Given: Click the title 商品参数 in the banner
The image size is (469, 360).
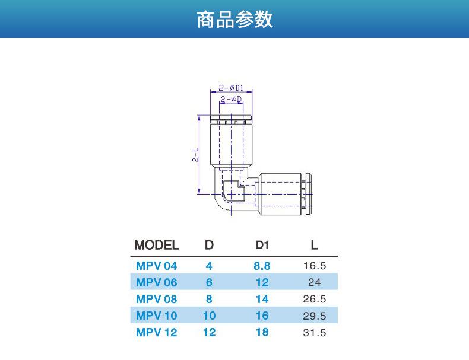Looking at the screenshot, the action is click(x=235, y=19).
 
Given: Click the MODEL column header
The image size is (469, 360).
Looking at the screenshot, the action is click(x=157, y=245).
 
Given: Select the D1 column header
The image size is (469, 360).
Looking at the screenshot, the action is click(x=262, y=245).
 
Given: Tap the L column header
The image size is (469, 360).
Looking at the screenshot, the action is click(x=314, y=245).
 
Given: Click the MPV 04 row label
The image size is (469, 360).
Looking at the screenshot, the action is click(x=157, y=266).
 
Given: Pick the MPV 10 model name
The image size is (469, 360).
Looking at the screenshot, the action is click(x=157, y=316).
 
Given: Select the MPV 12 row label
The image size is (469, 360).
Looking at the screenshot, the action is click(x=157, y=332).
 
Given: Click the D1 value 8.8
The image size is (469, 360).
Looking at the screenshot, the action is click(x=262, y=266).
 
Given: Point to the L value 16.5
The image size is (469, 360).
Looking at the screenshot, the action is click(x=315, y=266).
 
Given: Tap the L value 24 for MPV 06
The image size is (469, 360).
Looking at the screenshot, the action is click(x=315, y=282).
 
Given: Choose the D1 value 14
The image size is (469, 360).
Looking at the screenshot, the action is click(x=262, y=299).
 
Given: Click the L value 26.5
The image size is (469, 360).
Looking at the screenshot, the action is click(x=315, y=299).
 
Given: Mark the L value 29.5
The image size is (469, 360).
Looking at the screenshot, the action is click(x=315, y=316).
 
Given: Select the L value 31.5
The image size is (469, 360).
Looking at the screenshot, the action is click(x=315, y=333).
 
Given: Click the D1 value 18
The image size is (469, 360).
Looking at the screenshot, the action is click(x=262, y=332).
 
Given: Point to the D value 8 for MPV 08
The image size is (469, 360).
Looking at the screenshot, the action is click(x=209, y=299).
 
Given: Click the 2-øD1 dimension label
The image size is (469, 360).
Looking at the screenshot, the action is click(x=231, y=88).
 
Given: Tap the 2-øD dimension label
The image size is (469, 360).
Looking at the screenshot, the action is click(x=231, y=99).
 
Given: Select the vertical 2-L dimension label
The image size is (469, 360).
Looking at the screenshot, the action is click(x=195, y=155).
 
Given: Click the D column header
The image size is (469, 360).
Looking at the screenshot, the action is click(x=209, y=245).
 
